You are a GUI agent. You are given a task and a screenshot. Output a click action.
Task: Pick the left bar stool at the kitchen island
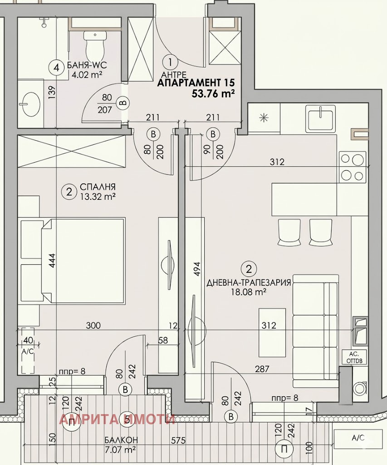pyautogui.click(x=289, y=232)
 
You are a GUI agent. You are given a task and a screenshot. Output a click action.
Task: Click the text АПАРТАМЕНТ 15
pyautogui.click(x=196, y=83)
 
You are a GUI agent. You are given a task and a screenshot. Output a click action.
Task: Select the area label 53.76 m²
pyautogui.click(x=213, y=94)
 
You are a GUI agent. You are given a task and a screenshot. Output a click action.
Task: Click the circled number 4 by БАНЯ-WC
pyautogui.click(x=57, y=68)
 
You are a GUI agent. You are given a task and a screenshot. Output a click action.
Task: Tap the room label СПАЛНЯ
pyautogui.click(x=97, y=187)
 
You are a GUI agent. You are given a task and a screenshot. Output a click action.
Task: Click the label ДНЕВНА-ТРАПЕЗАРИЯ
pyautogui.click(x=248, y=282)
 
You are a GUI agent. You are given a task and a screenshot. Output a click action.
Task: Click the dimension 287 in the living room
pyautogui.click(x=262, y=369)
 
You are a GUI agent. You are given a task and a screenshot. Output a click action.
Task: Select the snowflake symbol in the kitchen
pyautogui.click(x=263, y=117)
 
